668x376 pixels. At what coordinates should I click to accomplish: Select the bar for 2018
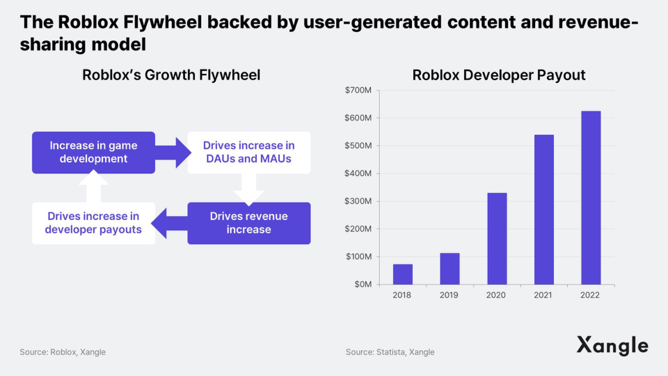click(x=403, y=274)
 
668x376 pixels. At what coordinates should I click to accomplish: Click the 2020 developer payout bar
click(x=497, y=238)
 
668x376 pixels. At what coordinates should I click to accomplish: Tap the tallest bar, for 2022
click(x=591, y=198)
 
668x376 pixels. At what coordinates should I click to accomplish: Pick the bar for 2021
click(x=544, y=210)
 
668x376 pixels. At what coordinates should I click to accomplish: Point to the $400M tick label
click(x=358, y=173)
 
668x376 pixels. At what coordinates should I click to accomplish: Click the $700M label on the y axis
click(x=358, y=90)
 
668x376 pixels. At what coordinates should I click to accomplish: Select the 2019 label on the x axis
click(x=449, y=295)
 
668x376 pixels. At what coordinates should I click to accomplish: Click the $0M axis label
click(x=363, y=284)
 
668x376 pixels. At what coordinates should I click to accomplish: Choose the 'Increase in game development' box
click(x=94, y=152)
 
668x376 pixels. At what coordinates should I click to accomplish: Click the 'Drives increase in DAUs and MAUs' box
click(x=249, y=152)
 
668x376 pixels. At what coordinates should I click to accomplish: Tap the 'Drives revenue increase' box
click(x=249, y=223)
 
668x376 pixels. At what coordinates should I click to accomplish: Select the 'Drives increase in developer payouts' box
click(x=94, y=223)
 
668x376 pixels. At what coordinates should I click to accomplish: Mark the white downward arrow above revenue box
click(x=249, y=190)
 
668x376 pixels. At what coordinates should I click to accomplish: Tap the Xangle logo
click(x=612, y=346)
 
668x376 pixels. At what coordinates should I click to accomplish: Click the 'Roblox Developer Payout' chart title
click(x=499, y=75)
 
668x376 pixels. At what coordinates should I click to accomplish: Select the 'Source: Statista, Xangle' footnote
click(x=390, y=352)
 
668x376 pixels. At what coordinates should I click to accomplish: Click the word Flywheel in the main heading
click(x=162, y=22)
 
